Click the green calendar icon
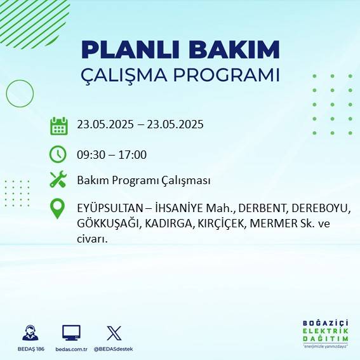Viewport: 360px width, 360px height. pyautogui.click(x=58, y=125)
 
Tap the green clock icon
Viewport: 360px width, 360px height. pyautogui.click(x=58, y=154)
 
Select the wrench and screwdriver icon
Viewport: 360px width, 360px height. pyautogui.click(x=58, y=180)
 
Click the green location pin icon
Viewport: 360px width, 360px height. pyautogui.click(x=58, y=209)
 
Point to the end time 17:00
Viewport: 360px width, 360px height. pyautogui.click(x=133, y=155)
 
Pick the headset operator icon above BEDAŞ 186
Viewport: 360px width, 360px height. pyautogui.click(x=29, y=333)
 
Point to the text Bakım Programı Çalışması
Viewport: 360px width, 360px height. pyautogui.click(x=143, y=181)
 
